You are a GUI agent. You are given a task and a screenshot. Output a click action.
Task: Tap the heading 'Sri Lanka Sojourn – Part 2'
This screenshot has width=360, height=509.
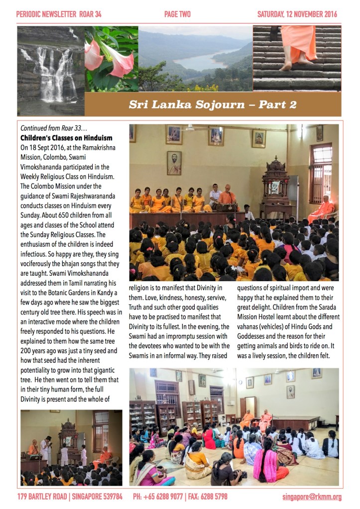[213, 104]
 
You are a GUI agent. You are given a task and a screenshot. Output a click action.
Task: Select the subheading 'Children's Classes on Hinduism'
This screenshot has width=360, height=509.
[66, 137]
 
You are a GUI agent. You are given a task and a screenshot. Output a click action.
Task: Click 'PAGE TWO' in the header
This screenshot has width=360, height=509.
[177, 14]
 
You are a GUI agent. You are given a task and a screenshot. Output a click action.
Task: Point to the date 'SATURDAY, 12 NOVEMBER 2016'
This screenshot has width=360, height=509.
[297, 14]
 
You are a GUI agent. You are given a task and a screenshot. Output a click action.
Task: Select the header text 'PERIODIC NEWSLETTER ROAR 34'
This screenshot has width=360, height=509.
[59, 14]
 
